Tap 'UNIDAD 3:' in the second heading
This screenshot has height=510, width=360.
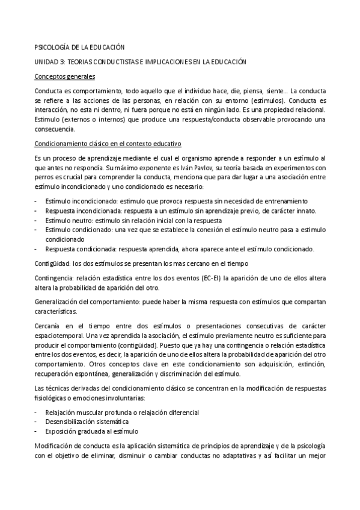49,61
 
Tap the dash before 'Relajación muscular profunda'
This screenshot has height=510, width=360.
37,413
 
